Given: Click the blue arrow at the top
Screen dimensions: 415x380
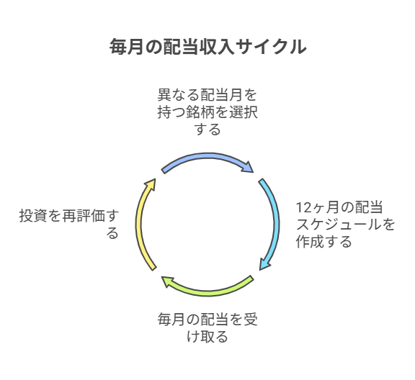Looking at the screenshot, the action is click(x=207, y=156).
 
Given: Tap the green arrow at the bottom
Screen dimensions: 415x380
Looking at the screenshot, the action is click(x=207, y=292).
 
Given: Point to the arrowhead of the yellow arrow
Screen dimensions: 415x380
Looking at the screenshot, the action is click(x=151, y=184).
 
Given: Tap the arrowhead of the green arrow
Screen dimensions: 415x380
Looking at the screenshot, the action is click(x=168, y=281).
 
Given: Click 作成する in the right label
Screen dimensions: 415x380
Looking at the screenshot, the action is click(x=324, y=242).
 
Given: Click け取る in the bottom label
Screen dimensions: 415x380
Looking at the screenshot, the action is click(x=207, y=337).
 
